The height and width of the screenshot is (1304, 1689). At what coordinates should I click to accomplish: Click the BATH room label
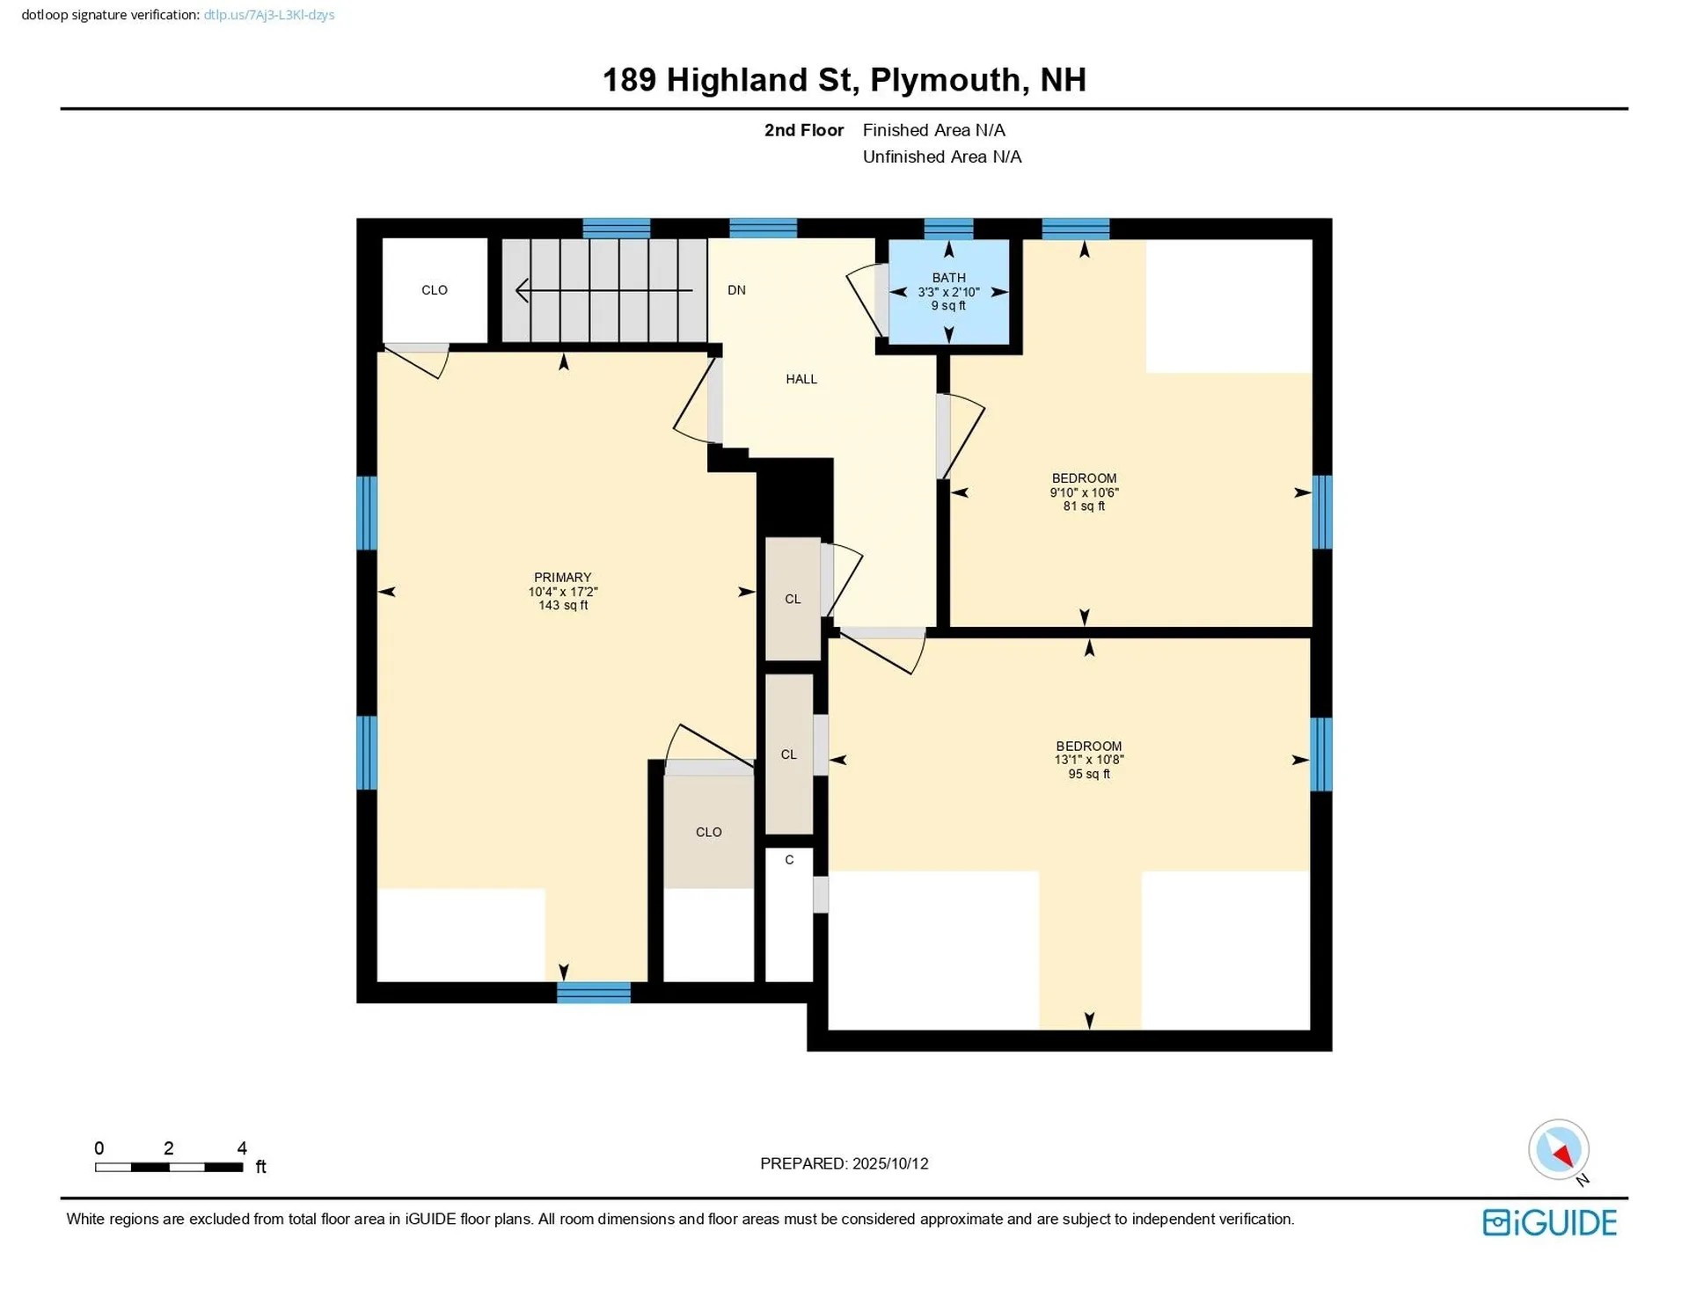pos(948,278)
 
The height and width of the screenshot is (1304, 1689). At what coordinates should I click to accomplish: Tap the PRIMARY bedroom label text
pos(562,578)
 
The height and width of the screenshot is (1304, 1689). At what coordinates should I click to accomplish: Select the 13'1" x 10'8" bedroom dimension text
pos(1088,760)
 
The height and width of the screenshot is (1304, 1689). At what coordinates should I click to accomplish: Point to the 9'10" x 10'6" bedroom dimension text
pos(1084,492)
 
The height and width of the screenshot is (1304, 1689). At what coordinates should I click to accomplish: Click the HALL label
pos(801,379)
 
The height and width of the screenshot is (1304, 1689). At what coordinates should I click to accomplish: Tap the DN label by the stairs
pos(736,290)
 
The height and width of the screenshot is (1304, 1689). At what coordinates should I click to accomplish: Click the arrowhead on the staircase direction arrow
pos(522,290)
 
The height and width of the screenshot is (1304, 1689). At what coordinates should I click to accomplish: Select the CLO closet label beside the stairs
pos(435,290)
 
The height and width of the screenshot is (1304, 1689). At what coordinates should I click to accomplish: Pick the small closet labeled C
pos(789,860)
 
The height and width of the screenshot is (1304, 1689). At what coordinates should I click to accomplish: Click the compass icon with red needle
pos(1558,1149)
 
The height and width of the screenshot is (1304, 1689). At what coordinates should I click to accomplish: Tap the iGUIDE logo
pos(1549,1222)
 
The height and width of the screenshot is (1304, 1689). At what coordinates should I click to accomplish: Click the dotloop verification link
pos(268,15)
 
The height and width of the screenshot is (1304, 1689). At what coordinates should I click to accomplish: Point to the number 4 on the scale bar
pos(242,1147)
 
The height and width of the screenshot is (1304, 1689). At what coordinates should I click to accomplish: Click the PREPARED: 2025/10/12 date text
pos(844,1163)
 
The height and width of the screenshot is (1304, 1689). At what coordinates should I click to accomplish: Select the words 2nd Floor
pos(803,130)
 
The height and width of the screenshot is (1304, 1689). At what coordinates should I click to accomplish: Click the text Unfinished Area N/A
pos(941,157)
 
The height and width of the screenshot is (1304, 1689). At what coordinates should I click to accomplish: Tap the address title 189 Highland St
pos(729,80)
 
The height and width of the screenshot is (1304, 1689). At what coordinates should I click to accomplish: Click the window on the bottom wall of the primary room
pos(594,993)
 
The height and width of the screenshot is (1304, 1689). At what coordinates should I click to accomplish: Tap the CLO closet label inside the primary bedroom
pos(708,832)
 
